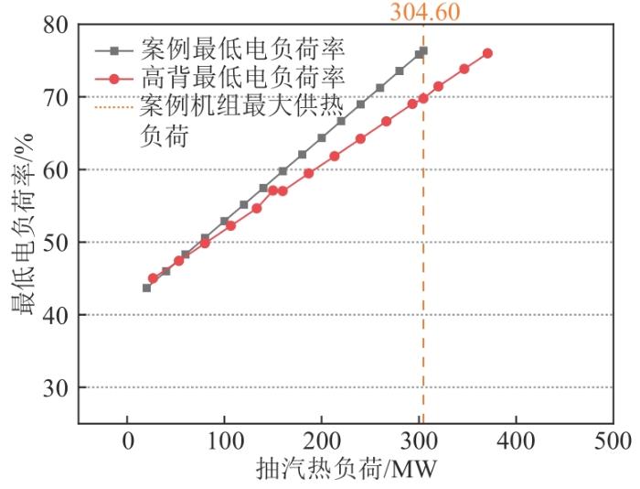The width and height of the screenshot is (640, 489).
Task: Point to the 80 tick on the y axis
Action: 57,25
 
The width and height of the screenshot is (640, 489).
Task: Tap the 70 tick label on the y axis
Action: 57,97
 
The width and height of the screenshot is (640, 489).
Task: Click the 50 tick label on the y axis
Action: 57,243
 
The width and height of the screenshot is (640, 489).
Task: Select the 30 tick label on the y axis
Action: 57,388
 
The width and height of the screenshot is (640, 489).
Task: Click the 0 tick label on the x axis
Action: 127,444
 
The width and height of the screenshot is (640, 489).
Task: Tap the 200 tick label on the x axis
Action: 322,444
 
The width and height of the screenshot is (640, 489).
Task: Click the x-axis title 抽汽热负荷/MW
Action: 347,470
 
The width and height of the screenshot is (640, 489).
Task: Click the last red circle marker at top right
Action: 487,53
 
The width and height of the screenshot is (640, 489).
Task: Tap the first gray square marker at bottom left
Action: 146,288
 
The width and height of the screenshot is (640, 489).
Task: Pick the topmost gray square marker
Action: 422,51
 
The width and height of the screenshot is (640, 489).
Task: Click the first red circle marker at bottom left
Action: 153,278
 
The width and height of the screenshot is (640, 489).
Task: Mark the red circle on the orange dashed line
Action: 423,98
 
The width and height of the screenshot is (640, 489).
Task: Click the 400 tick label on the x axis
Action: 516,444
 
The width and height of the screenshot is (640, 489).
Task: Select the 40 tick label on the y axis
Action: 57,315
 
